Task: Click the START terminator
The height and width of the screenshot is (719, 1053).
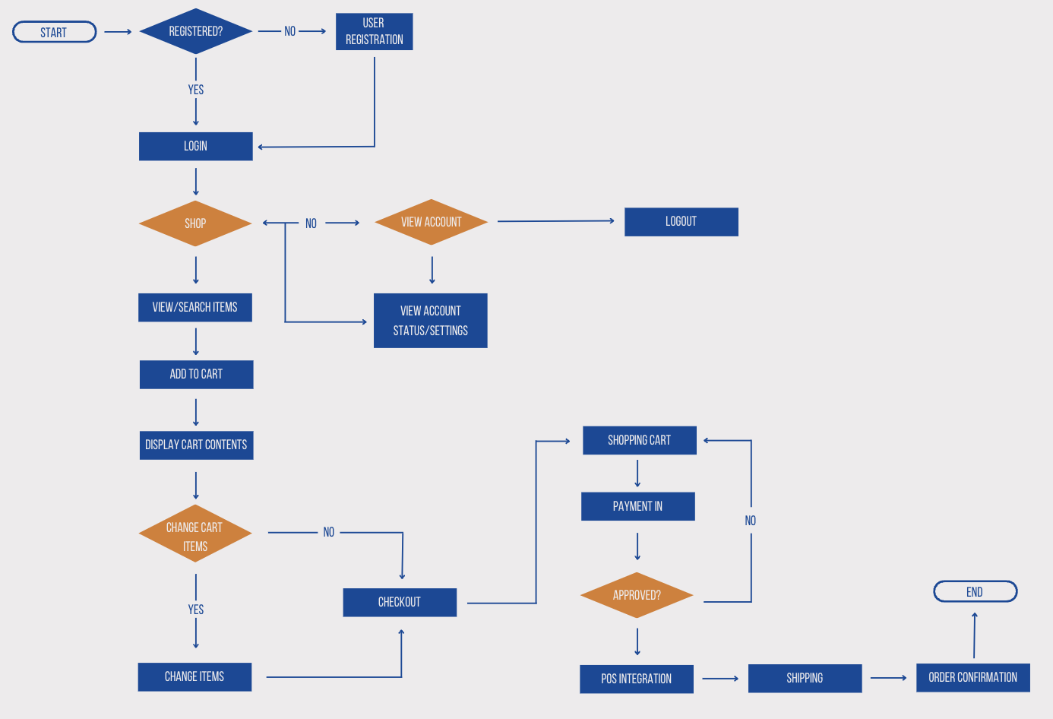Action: (x=54, y=32)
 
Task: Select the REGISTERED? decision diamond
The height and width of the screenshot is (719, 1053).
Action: (x=195, y=31)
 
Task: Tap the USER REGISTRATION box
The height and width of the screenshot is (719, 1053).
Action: (x=374, y=31)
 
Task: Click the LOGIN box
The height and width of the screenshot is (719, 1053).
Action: (x=195, y=146)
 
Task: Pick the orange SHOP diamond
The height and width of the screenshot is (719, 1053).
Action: (x=195, y=223)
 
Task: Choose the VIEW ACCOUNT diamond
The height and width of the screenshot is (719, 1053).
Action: (x=431, y=222)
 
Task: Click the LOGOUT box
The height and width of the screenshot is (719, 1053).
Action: (x=681, y=221)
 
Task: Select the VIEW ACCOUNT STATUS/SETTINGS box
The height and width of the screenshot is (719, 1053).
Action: (x=430, y=321)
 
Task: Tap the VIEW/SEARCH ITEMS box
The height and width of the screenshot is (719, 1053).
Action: (x=194, y=307)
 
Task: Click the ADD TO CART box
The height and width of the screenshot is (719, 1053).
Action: (x=196, y=374)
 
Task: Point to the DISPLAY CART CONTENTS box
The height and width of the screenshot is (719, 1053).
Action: (x=196, y=445)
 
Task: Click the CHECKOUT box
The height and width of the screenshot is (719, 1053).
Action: (x=400, y=602)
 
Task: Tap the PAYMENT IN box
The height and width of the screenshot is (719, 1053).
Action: (x=637, y=506)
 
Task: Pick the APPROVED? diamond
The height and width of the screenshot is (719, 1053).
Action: (x=637, y=595)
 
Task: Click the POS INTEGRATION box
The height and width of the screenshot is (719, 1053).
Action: (x=636, y=679)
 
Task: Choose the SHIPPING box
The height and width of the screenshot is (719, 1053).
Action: (x=805, y=678)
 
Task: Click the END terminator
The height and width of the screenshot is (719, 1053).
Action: (x=975, y=591)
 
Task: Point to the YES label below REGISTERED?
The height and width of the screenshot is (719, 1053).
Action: (x=196, y=90)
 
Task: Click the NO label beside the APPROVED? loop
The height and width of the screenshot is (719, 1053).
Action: (x=751, y=521)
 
